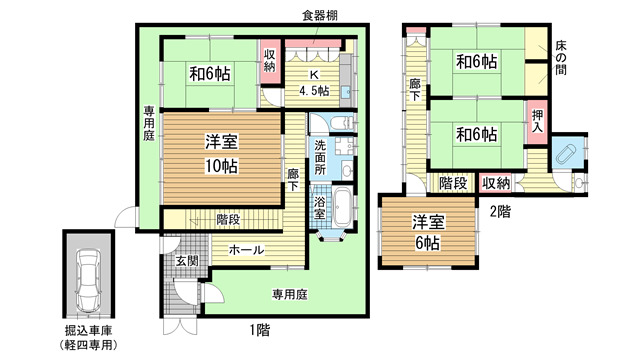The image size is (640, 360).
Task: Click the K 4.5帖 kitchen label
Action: pyautogui.click(x=315, y=82)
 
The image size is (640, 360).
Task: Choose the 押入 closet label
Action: pyautogui.click(x=537, y=124)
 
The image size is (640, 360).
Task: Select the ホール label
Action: pyautogui.click(x=246, y=250)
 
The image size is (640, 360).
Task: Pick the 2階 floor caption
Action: pyautogui.click(x=500, y=213)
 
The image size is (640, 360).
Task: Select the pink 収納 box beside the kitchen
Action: pyautogui.click(x=270, y=60)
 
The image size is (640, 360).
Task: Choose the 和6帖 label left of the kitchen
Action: pyautogui.click(x=209, y=72)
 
